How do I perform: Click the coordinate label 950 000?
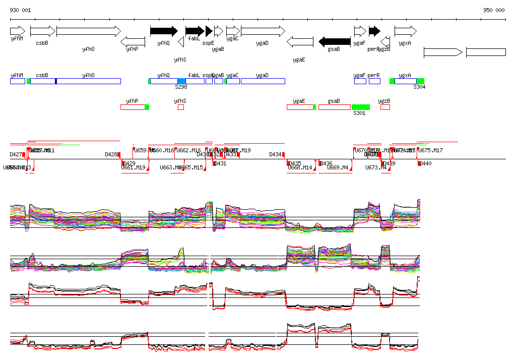(x=494, y=10)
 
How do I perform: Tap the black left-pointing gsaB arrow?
(x=335, y=41)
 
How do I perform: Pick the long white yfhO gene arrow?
(x=89, y=31)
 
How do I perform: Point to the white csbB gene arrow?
(x=42, y=31)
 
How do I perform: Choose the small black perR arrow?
(x=374, y=31)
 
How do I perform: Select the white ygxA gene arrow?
(x=406, y=31)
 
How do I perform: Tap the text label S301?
(x=359, y=113)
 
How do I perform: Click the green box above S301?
(x=360, y=107)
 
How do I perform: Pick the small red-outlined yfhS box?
(x=181, y=107)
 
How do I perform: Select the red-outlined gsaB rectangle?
(x=335, y=107)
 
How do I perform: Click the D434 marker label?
(x=276, y=154)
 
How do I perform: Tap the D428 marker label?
(x=111, y=154)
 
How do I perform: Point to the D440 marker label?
(x=426, y=164)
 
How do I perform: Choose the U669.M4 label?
(x=338, y=167)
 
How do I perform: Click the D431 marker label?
(x=220, y=164)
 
